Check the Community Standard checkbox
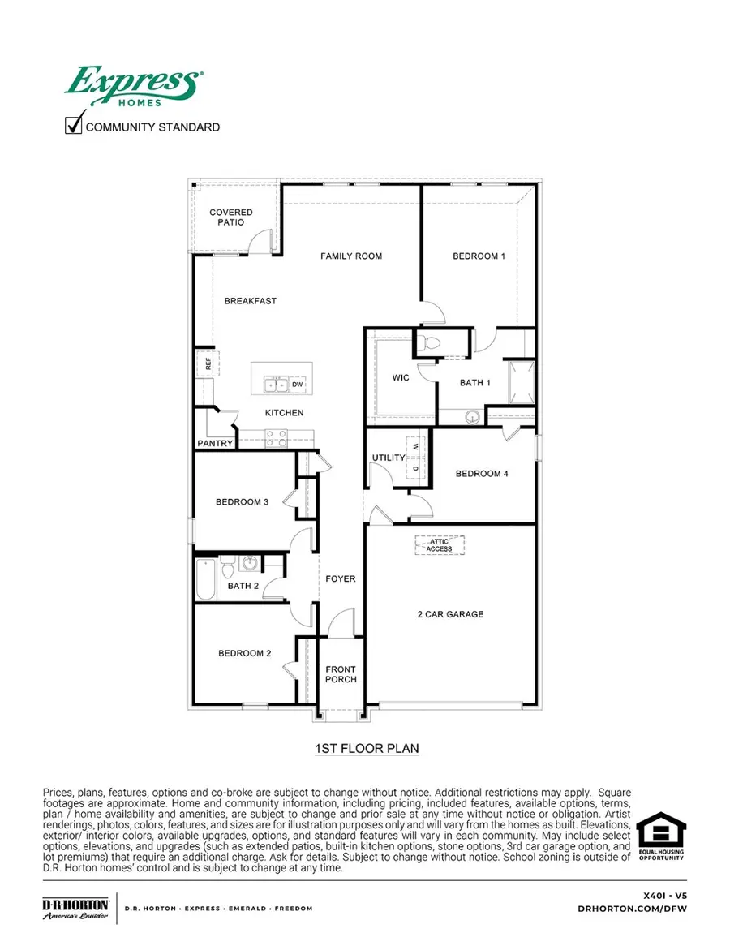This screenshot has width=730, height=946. tap(74, 126)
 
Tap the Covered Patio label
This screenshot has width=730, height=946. tap(225, 217)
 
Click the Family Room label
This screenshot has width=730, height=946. tap(350, 256)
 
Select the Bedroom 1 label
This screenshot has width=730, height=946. tap(479, 256)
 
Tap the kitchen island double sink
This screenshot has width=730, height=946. tap(276, 384)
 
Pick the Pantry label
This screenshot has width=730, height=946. tap(215, 444)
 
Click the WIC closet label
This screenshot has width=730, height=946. tap(400, 377)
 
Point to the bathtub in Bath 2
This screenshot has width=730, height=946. tap(205, 578)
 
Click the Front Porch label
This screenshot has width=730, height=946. tap(341, 674)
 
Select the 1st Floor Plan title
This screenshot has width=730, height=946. tap(366, 748)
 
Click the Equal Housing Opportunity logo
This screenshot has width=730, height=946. tap(660, 836)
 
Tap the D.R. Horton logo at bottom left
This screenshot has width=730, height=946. tap(75, 909)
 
